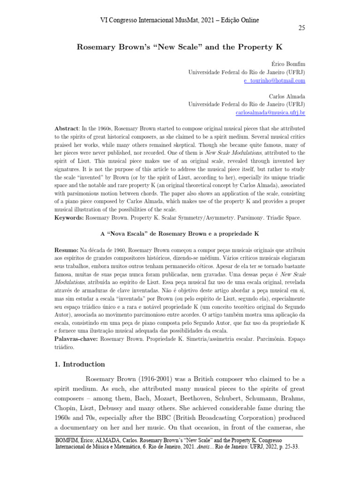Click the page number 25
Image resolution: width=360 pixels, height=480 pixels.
tap(301, 28)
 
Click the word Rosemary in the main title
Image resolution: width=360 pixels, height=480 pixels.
tap(98, 47)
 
